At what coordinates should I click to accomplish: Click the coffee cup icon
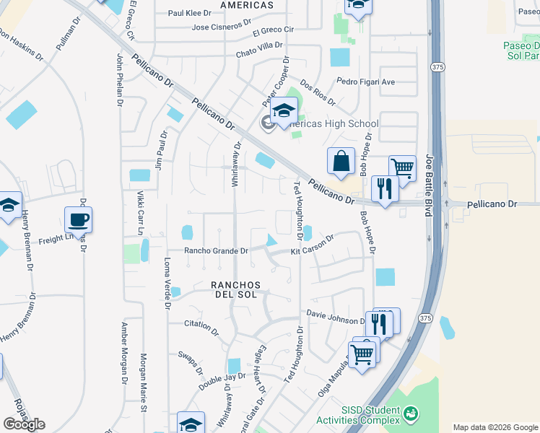tap(78, 219)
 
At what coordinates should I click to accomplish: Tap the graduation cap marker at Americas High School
tap(284, 111)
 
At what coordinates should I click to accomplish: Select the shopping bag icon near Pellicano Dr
tap(341, 160)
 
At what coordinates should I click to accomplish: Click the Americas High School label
tap(333, 123)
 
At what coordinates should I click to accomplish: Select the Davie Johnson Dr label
tap(336, 317)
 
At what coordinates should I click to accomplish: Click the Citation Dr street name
tap(201, 327)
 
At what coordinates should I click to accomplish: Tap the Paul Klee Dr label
tap(189, 13)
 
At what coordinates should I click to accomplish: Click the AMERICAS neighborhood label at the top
tap(247, 5)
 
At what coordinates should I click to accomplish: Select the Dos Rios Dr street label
tap(318, 93)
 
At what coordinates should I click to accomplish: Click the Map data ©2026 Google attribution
tap(495, 427)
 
